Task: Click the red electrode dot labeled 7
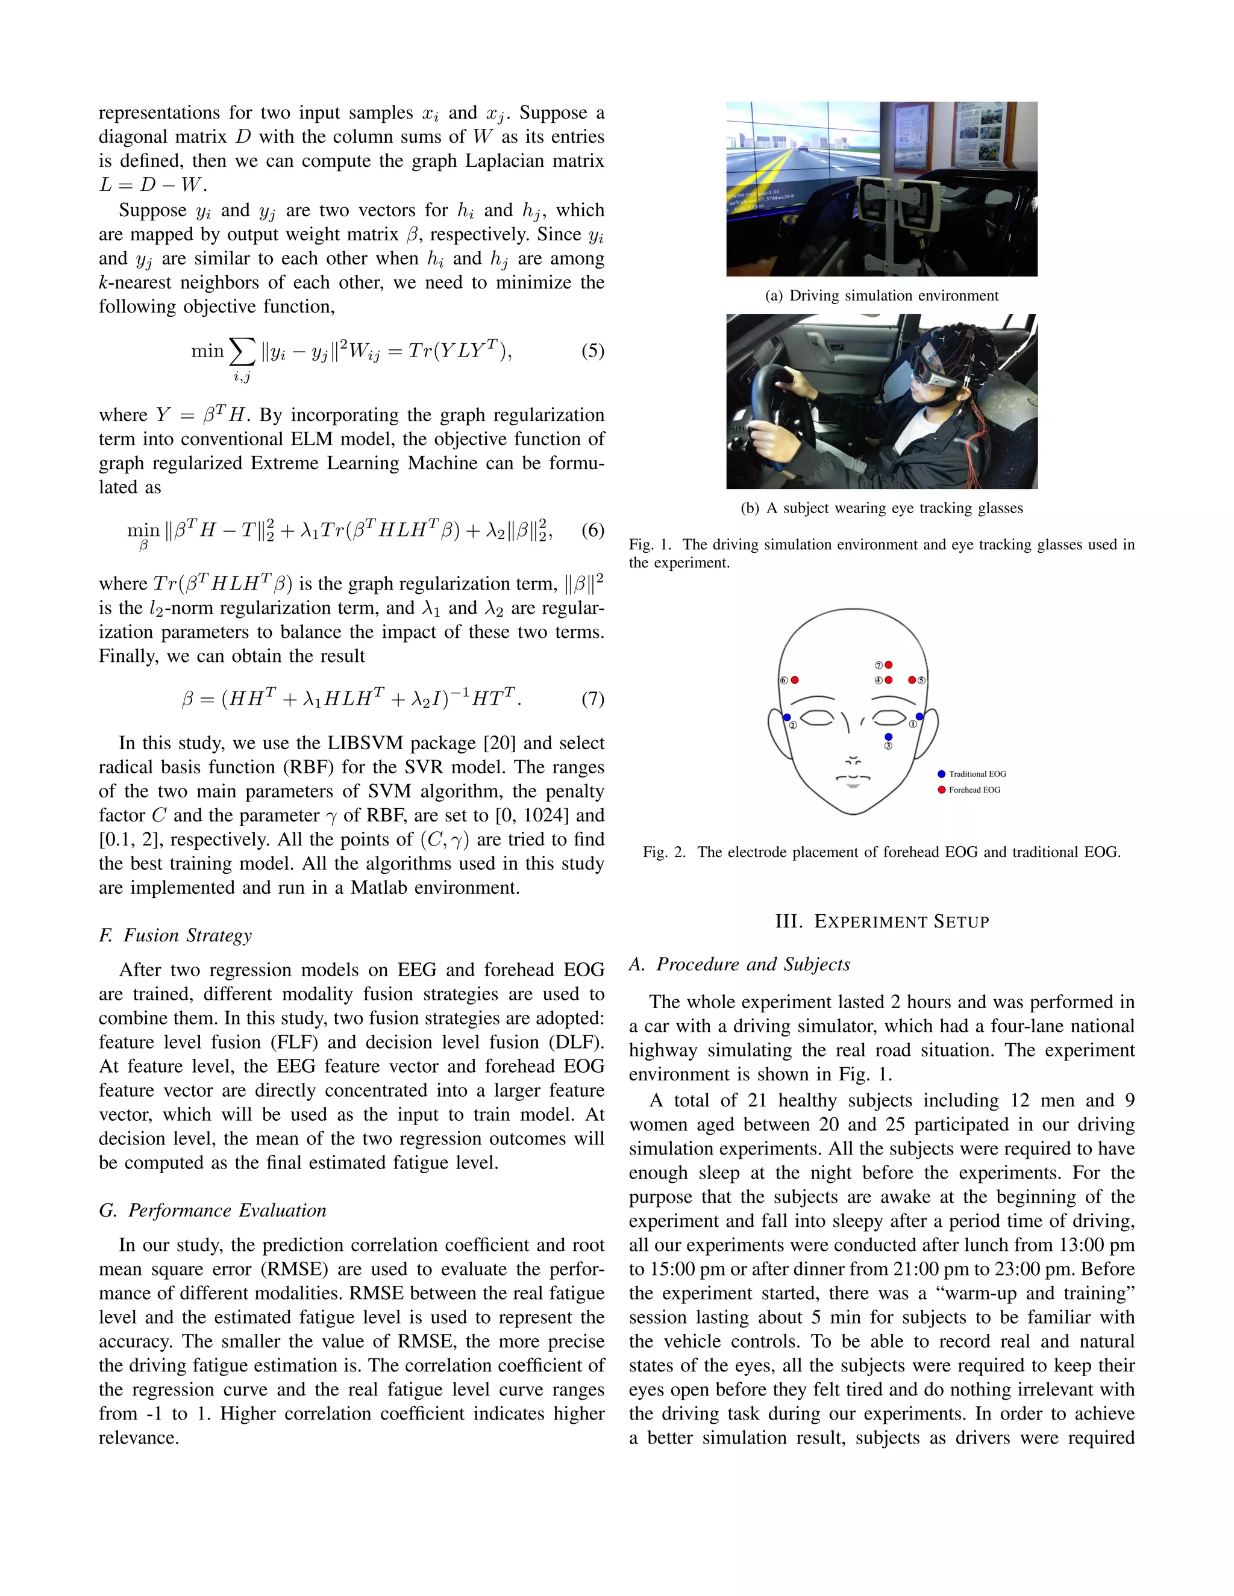point(888,665)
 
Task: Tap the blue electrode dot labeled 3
point(888,737)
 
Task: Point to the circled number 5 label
point(922,681)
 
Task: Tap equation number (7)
point(593,699)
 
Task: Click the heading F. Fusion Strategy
point(175,935)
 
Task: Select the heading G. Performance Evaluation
point(213,1210)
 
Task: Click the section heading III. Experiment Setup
point(882,921)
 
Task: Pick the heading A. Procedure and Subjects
point(740,965)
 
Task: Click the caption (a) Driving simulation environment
point(882,296)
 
